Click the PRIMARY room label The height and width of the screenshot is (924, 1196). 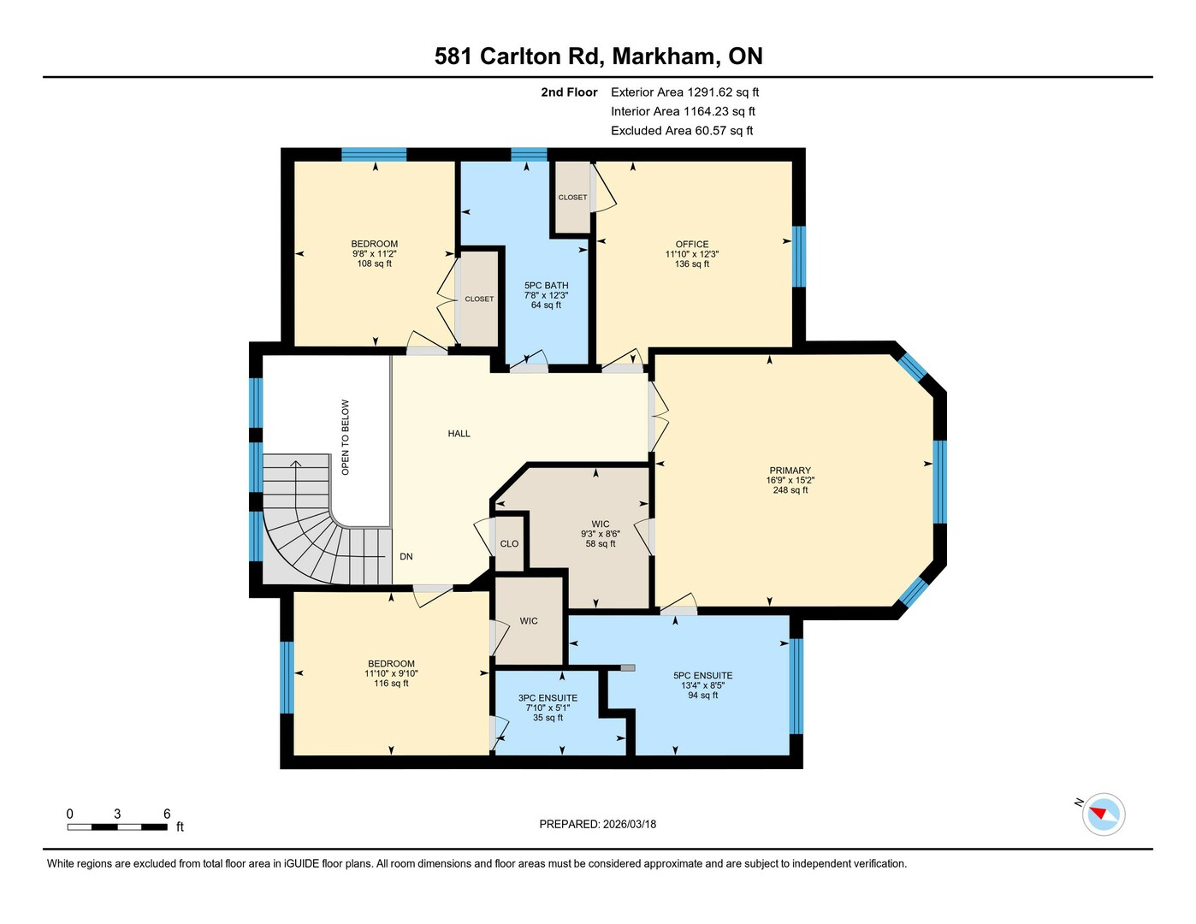click(x=790, y=470)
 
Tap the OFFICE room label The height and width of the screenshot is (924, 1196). click(x=692, y=244)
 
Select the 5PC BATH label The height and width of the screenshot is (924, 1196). click(x=546, y=285)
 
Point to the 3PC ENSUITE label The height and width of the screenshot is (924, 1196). click(x=548, y=698)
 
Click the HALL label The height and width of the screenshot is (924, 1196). click(x=459, y=434)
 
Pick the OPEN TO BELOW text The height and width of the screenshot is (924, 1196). click(x=345, y=437)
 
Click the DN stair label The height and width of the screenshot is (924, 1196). click(x=406, y=556)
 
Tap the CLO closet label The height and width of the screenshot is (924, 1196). click(x=509, y=544)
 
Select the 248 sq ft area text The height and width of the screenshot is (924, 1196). click(x=790, y=489)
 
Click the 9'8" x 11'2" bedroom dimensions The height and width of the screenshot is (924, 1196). click(x=374, y=254)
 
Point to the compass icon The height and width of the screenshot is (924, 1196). click(x=1103, y=814)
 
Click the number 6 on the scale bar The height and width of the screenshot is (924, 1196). click(x=167, y=814)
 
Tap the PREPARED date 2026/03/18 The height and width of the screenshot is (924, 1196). click(x=630, y=824)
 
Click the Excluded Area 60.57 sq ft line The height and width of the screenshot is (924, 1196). click(x=681, y=130)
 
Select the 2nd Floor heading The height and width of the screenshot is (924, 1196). click(x=569, y=92)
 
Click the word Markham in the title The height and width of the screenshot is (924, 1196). click(x=662, y=56)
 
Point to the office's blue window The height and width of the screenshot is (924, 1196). click(x=799, y=257)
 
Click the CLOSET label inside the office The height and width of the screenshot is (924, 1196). click(x=572, y=197)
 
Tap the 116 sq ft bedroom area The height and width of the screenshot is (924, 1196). click(x=391, y=683)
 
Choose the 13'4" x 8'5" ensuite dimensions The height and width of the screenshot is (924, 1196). click(x=702, y=685)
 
